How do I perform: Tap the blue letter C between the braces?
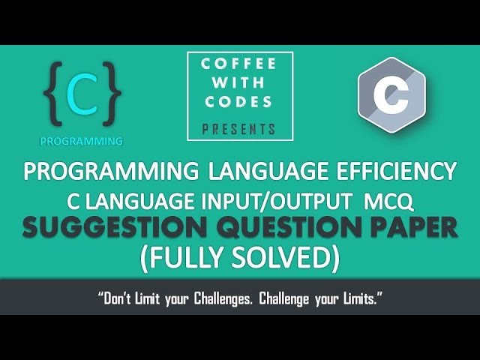click(82, 94)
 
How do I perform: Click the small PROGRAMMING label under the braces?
click(81, 140)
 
